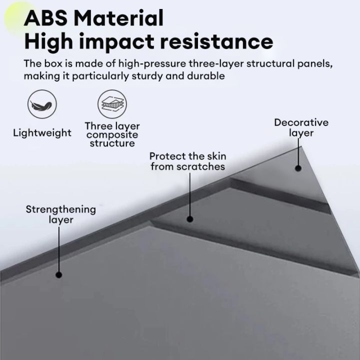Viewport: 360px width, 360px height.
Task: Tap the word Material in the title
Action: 118,18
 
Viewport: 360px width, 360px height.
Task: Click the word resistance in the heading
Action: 216,42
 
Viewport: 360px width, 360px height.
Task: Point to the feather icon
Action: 42,104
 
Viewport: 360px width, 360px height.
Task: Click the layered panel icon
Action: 112,104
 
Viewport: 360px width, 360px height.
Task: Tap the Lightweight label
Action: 42,133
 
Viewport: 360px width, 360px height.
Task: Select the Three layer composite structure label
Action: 112,134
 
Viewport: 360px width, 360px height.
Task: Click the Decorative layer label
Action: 301,127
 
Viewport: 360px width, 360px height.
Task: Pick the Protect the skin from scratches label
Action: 188,161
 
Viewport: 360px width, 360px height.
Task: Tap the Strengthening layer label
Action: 61,214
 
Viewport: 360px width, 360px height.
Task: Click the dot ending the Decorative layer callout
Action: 298,168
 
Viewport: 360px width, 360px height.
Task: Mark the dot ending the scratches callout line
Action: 189,219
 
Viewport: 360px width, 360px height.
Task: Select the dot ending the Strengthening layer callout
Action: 59,275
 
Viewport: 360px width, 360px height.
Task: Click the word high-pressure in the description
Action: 152,64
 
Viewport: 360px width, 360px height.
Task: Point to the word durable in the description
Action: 206,76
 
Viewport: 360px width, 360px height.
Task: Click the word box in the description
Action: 53,63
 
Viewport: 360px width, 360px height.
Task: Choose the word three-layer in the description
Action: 216,64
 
